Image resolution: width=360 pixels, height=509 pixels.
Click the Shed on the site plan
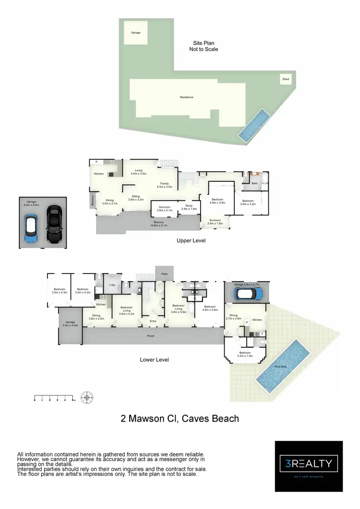coord(286,79)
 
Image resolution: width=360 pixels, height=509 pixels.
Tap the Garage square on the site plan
coord(136,33)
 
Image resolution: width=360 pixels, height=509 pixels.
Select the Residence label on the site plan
coord(186,97)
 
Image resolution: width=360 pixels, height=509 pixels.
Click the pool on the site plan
coord(253,125)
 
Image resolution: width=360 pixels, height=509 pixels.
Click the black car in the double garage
coord(54,225)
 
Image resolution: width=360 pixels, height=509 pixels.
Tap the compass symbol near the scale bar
coord(87,397)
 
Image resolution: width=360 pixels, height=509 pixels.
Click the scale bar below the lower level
coord(54,398)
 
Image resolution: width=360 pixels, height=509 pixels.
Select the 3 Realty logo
coord(309,464)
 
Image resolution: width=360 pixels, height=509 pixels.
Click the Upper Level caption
coord(191,240)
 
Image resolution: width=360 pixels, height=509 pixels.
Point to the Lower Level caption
coord(154,359)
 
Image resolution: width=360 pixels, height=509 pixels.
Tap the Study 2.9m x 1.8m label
coord(191,207)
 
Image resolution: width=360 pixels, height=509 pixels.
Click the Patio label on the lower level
coord(164,274)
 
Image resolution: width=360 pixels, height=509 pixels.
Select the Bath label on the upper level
coord(254,183)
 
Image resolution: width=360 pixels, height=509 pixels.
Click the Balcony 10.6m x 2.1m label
coord(159,224)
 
